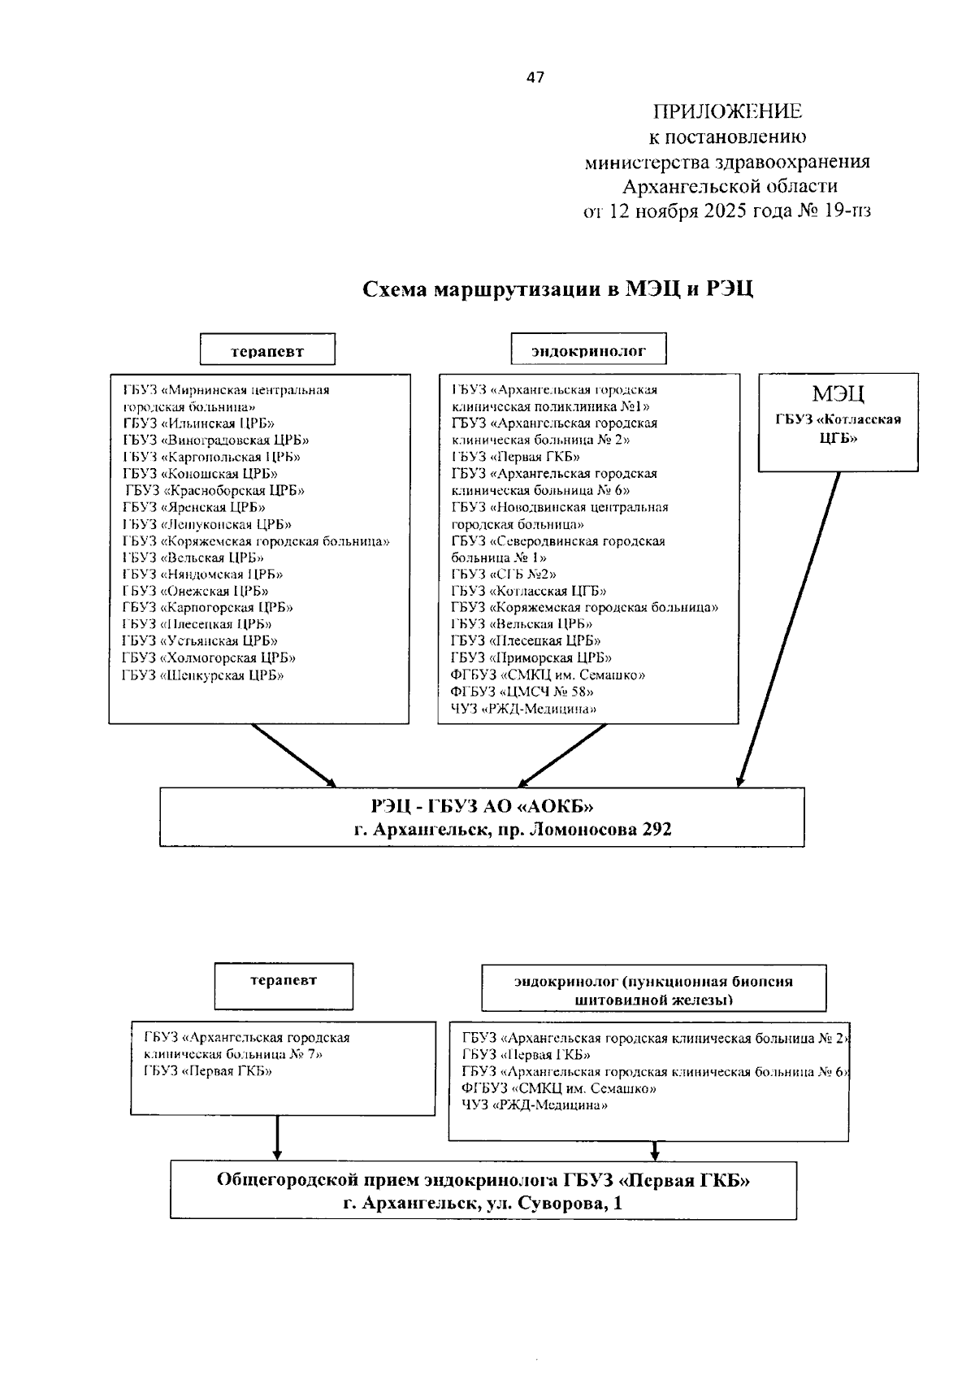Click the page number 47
535,78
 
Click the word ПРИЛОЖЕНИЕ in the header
727,111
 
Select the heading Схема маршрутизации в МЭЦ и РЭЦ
557,289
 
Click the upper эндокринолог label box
588,351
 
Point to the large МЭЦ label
838,395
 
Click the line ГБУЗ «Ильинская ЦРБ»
199,423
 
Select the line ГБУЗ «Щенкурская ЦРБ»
203,675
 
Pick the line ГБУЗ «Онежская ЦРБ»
196,592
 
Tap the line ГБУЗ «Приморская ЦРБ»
531,658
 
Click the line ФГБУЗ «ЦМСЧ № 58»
522,692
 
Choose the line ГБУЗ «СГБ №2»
504,575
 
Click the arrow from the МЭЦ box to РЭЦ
789,630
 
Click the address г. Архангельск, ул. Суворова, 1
483,1204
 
